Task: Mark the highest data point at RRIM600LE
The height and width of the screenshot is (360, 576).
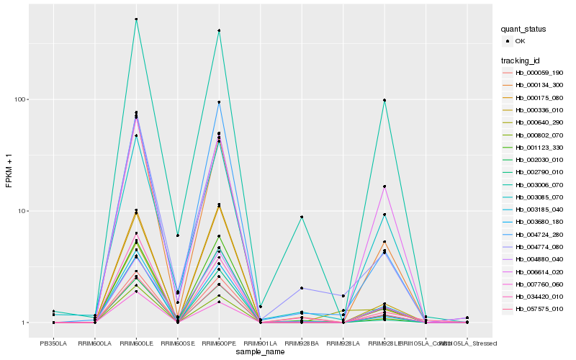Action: [x=136, y=19]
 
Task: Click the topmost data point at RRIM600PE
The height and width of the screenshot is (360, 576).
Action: [x=219, y=30]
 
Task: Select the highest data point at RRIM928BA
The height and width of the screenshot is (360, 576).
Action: [x=302, y=217]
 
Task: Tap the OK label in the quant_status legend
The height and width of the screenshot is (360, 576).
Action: [x=520, y=41]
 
